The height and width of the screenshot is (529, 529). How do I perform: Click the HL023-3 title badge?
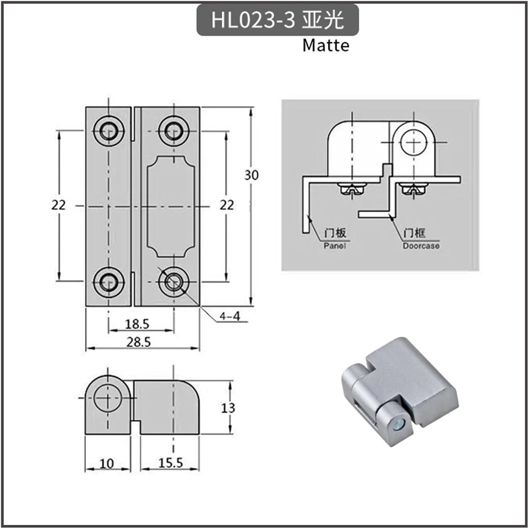pos(277,20)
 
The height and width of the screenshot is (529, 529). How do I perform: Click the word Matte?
pos(326,45)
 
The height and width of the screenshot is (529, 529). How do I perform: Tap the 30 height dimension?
pos(251,175)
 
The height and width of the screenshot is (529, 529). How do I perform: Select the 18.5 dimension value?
pos(137,324)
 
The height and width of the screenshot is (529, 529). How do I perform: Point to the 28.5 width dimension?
pos(139,342)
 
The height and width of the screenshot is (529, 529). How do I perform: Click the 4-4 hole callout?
pos(230,316)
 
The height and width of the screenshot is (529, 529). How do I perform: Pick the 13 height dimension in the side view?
pos(228,408)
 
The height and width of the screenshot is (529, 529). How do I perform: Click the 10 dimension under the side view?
pos(107,463)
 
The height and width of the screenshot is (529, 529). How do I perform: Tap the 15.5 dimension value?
pos(170,463)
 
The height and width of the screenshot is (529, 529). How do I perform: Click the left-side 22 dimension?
pos(59,205)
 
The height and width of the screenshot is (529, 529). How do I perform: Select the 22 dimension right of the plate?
pos(226,205)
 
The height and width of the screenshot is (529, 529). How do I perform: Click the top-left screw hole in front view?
pos(108,131)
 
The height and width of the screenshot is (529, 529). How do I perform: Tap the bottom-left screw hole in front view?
pos(108,281)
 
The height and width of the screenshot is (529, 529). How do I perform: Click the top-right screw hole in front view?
pos(174,131)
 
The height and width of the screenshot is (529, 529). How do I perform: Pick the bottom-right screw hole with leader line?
pos(174,281)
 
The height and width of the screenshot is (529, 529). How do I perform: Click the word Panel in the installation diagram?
pos(335,245)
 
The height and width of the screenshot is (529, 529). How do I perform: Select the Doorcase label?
pos(421,246)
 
